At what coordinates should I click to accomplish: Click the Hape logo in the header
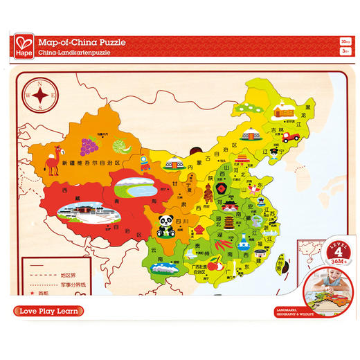tap(24, 47)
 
